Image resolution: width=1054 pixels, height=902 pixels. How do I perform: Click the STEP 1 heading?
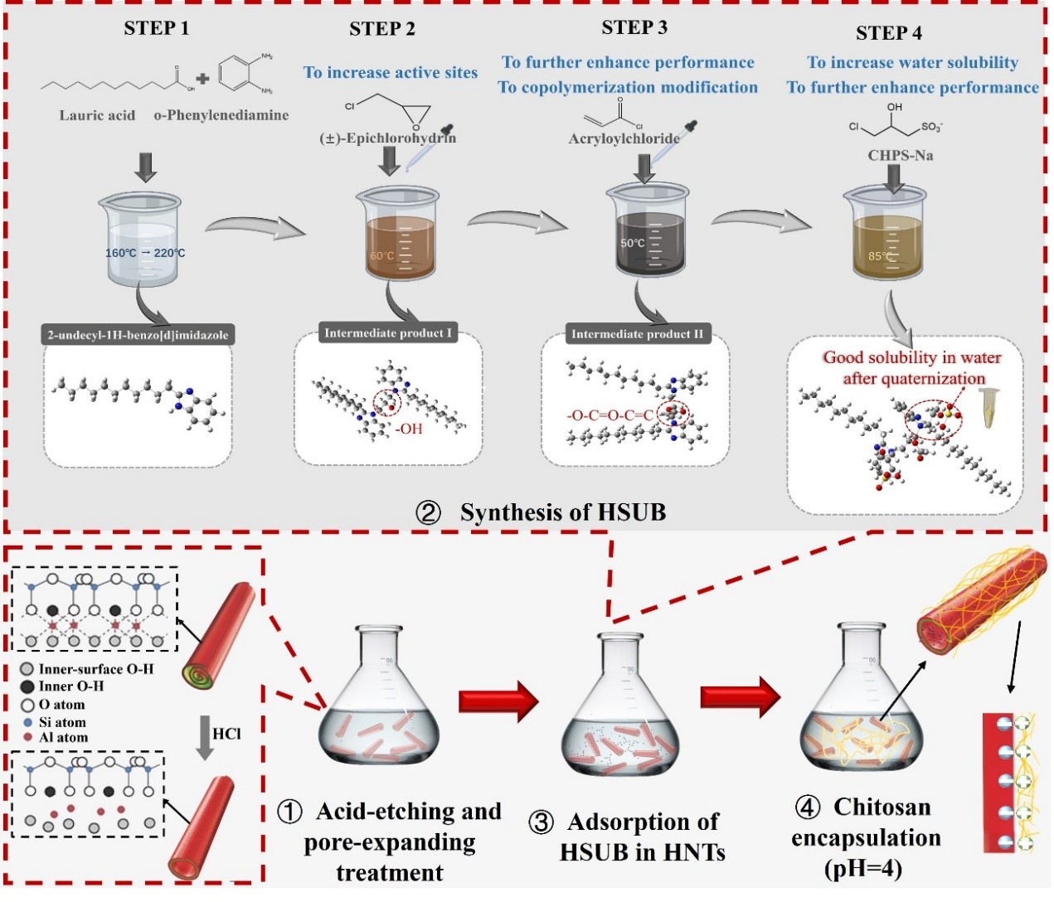(156, 28)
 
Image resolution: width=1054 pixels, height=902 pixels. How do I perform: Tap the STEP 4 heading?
(888, 33)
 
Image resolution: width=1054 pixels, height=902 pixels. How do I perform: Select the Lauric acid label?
(96, 115)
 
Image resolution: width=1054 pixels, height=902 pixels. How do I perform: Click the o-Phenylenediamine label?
(221, 115)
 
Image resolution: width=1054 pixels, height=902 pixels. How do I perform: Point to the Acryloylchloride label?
(624, 138)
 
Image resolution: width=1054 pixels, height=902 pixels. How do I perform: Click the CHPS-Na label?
(900, 155)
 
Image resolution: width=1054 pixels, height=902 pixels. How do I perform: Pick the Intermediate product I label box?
(387, 333)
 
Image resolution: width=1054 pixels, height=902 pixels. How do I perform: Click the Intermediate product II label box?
(636, 334)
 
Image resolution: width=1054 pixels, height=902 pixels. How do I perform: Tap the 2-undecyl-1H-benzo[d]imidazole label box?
(138, 335)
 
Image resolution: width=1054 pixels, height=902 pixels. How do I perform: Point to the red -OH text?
(409, 429)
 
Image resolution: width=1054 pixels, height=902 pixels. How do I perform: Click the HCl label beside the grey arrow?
(226, 734)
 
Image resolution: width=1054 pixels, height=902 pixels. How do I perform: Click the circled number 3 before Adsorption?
(541, 822)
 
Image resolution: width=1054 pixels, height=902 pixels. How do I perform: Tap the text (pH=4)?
(862, 868)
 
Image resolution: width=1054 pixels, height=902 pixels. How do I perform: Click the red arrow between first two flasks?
(498, 701)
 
